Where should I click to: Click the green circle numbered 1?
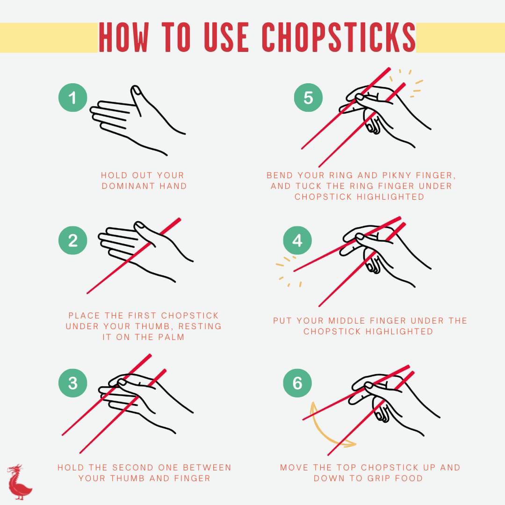(x=73, y=98)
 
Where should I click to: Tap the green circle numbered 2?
(x=73, y=240)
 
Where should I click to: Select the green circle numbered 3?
(x=73, y=383)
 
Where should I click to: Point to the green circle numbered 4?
(x=297, y=240)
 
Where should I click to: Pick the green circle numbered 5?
(x=308, y=98)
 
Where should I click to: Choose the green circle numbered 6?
(x=297, y=383)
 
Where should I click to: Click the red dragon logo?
(x=19, y=482)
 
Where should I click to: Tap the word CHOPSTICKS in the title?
(x=339, y=37)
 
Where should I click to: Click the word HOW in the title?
(x=124, y=37)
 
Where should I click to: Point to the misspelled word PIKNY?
(x=397, y=175)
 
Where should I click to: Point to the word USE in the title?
(x=226, y=37)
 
